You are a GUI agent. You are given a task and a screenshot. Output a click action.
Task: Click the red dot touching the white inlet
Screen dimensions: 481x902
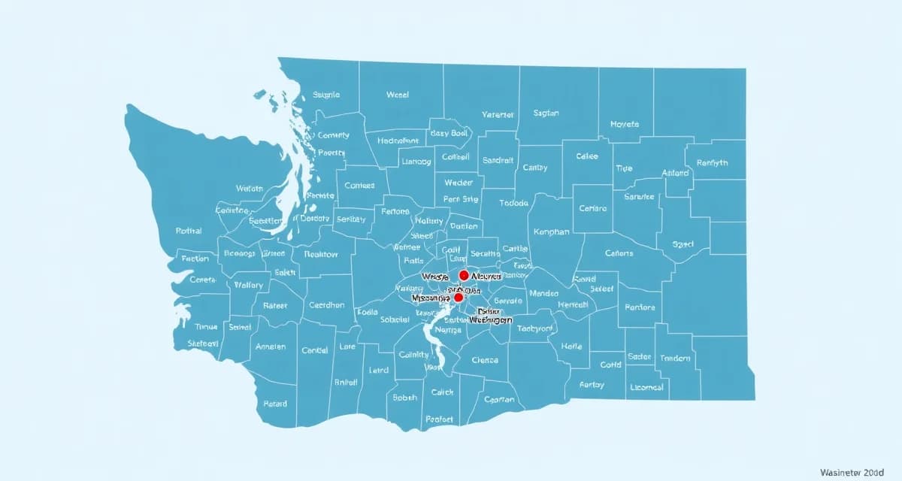459,298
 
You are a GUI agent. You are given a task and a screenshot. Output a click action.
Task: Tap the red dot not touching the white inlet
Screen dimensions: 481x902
464,276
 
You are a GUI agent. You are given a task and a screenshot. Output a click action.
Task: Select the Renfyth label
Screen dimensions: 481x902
712,163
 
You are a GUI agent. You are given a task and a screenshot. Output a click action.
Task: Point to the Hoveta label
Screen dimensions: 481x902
625,124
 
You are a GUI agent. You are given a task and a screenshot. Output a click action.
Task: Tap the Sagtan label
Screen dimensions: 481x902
546,113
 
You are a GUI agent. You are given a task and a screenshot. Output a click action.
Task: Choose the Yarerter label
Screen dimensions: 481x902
497,115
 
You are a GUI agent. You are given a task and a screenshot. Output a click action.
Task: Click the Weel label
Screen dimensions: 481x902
397,95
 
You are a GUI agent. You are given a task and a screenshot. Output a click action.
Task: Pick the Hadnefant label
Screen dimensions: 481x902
398,141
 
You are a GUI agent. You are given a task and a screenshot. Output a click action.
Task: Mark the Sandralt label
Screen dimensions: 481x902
498,160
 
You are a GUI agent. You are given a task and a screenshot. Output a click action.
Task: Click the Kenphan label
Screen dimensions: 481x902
551,232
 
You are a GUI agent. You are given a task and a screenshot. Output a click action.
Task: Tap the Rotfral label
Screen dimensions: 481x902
189,231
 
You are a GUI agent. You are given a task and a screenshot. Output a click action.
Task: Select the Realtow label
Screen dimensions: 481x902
321,254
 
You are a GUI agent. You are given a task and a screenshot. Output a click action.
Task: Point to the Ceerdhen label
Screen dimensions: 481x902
326,305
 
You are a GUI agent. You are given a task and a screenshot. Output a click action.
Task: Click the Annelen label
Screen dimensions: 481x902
271,346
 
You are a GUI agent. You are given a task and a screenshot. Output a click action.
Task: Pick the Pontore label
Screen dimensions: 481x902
640,307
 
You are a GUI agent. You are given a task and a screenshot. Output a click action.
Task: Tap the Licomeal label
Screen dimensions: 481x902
646,387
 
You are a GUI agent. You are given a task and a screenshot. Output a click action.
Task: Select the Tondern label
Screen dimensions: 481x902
674,358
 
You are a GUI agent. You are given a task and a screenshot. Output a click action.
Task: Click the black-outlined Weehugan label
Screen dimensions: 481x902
491,319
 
